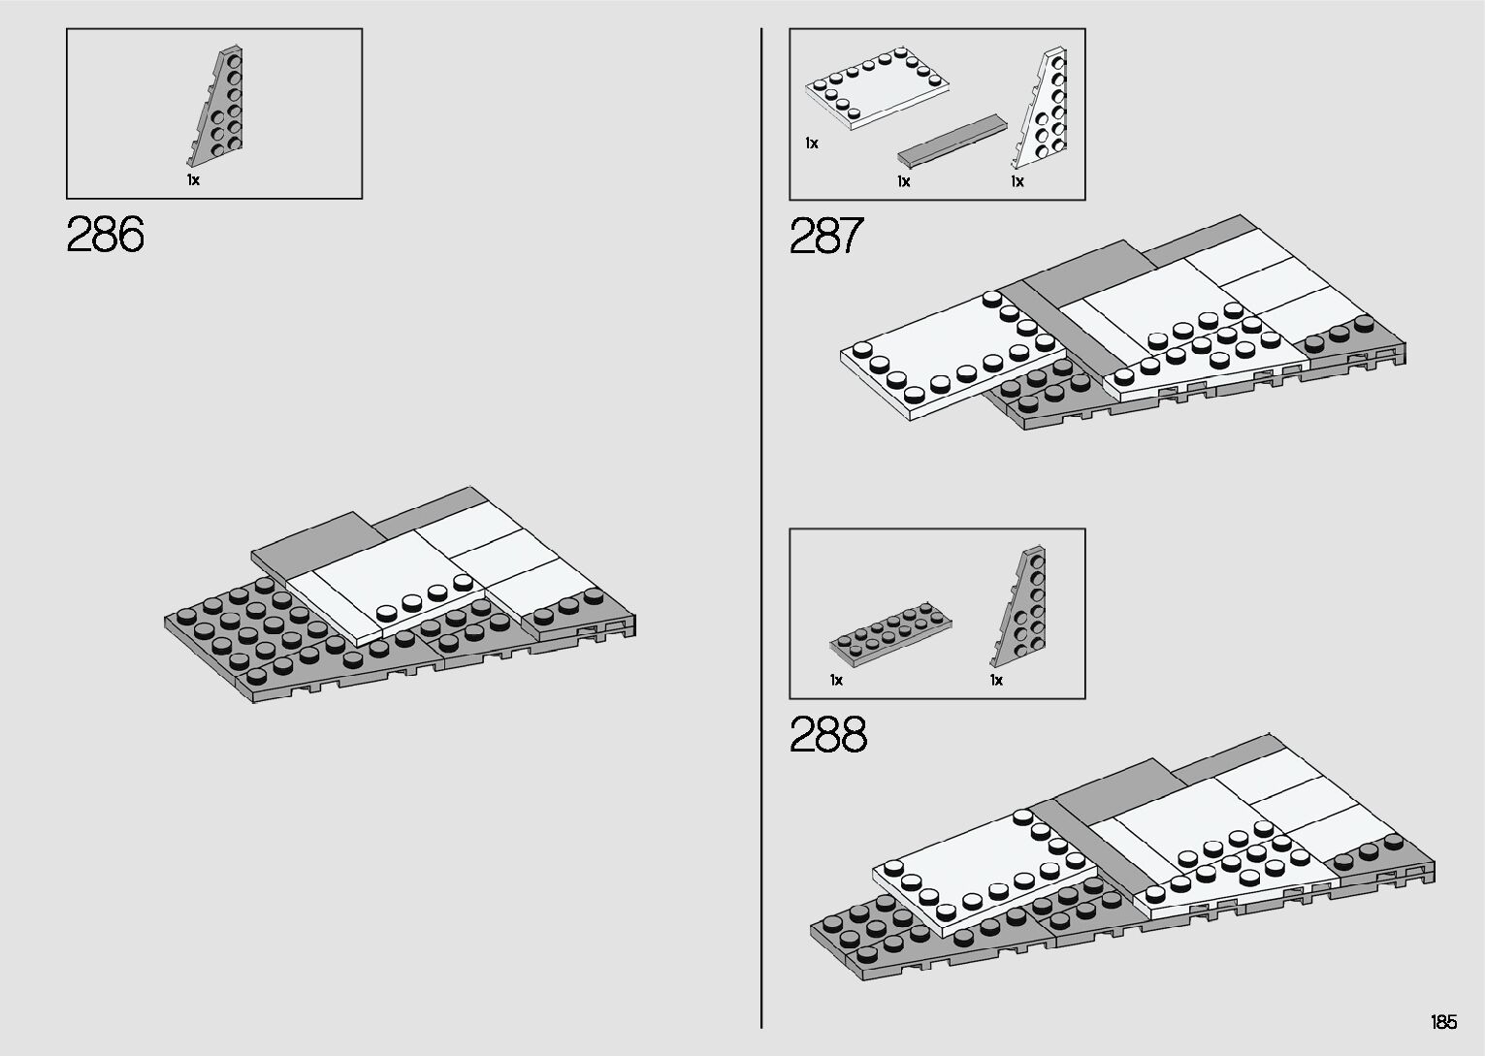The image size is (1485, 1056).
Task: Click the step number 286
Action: click(106, 236)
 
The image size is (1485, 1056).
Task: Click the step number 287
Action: click(826, 236)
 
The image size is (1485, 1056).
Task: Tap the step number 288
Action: click(828, 735)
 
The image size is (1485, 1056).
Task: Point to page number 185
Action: click(1442, 1022)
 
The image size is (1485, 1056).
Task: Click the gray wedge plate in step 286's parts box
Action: click(218, 107)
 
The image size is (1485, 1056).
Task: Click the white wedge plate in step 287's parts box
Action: click(1043, 112)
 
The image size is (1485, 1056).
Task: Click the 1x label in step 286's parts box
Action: click(193, 180)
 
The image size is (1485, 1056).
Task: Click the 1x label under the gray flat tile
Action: click(904, 181)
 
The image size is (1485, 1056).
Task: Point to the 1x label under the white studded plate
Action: click(812, 144)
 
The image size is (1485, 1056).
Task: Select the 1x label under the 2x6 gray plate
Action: click(836, 681)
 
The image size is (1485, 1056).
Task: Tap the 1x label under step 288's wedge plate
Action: click(996, 681)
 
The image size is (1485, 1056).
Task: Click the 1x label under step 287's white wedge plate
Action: click(1017, 181)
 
